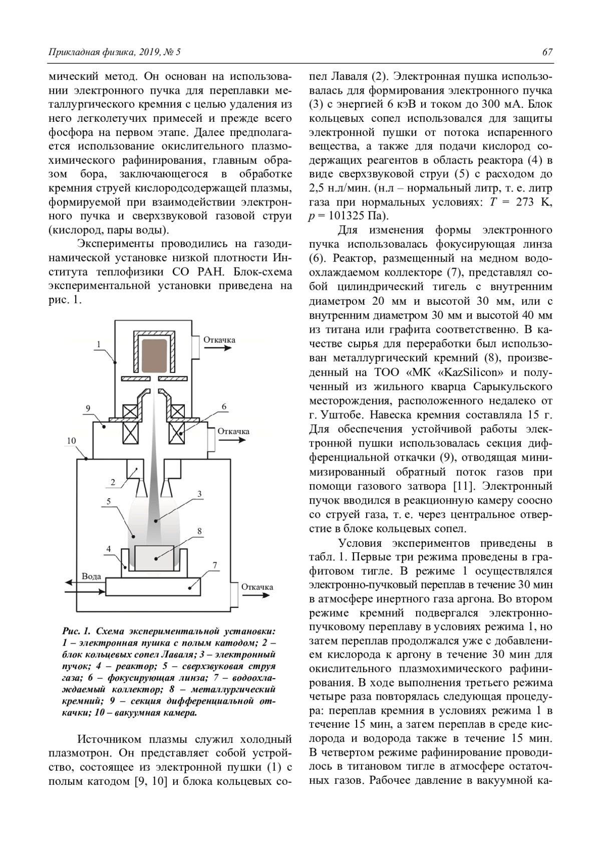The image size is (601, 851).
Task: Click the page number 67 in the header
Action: tap(547, 52)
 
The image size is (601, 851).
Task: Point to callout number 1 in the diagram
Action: tap(99, 344)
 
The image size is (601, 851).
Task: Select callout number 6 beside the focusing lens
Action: tap(224, 406)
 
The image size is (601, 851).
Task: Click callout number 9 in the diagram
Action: tap(88, 408)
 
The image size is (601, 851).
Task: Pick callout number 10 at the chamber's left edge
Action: tap(71, 441)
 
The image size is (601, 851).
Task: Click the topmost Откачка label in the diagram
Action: tap(219, 340)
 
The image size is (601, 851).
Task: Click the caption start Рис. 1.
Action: tap(76, 630)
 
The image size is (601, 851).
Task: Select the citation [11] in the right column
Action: tap(459, 486)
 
